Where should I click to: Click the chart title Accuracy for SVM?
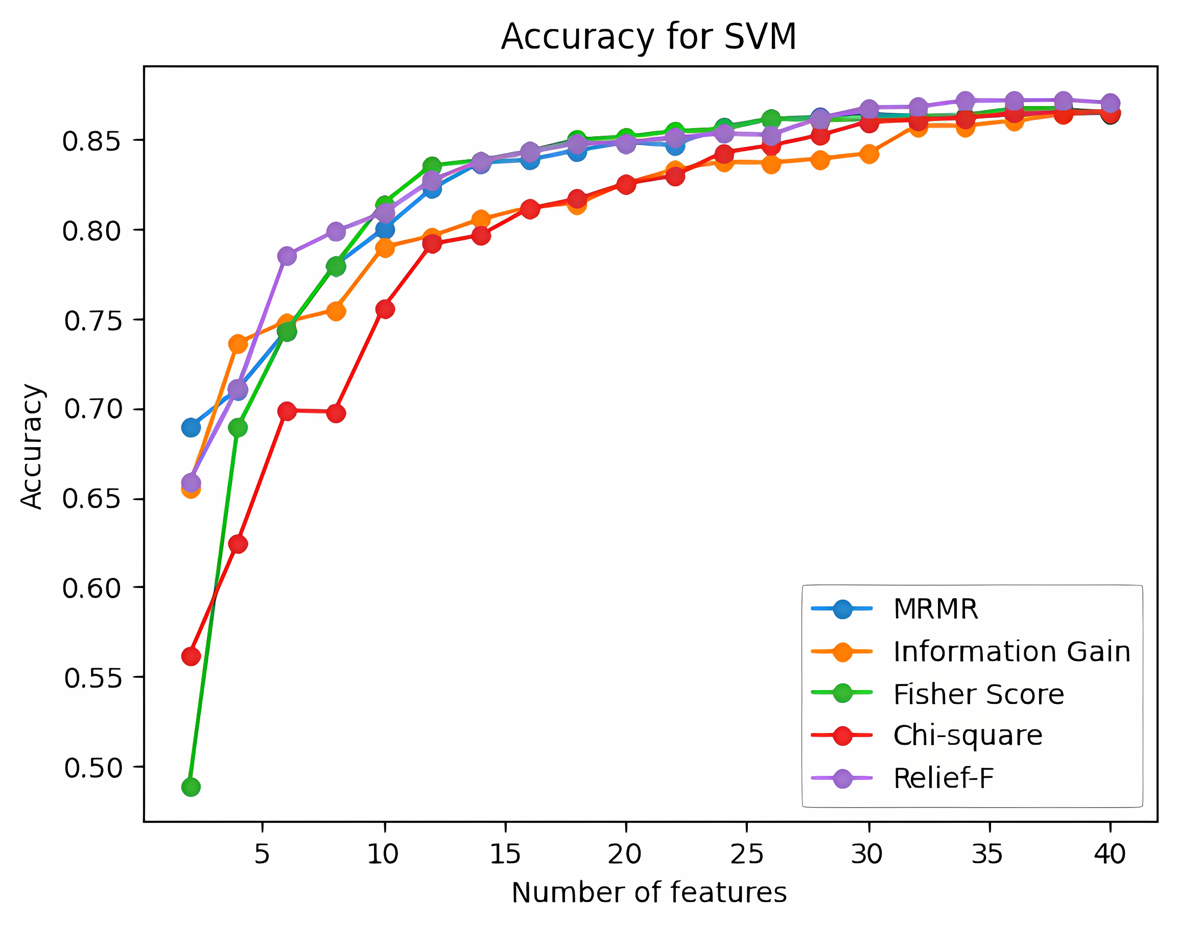pyautogui.click(x=648, y=37)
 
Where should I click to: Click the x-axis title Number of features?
pyautogui.click(x=649, y=893)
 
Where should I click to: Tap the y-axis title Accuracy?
pyautogui.click(x=32, y=447)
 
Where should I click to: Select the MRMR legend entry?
pyautogui.click(x=935, y=608)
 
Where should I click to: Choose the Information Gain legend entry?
pyautogui.click(x=1011, y=652)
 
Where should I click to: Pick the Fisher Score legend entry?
pyautogui.click(x=978, y=694)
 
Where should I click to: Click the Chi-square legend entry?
pyautogui.click(x=968, y=736)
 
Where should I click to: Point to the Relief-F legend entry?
pyautogui.click(x=943, y=778)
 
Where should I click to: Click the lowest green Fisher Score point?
pyautogui.click(x=191, y=787)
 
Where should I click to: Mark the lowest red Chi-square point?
pyautogui.click(x=191, y=656)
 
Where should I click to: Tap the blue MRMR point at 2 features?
pyautogui.click(x=191, y=428)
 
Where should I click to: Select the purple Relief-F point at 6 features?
pyautogui.click(x=287, y=256)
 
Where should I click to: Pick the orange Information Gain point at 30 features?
pyautogui.click(x=869, y=155)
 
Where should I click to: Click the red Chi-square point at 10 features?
pyautogui.click(x=385, y=309)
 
